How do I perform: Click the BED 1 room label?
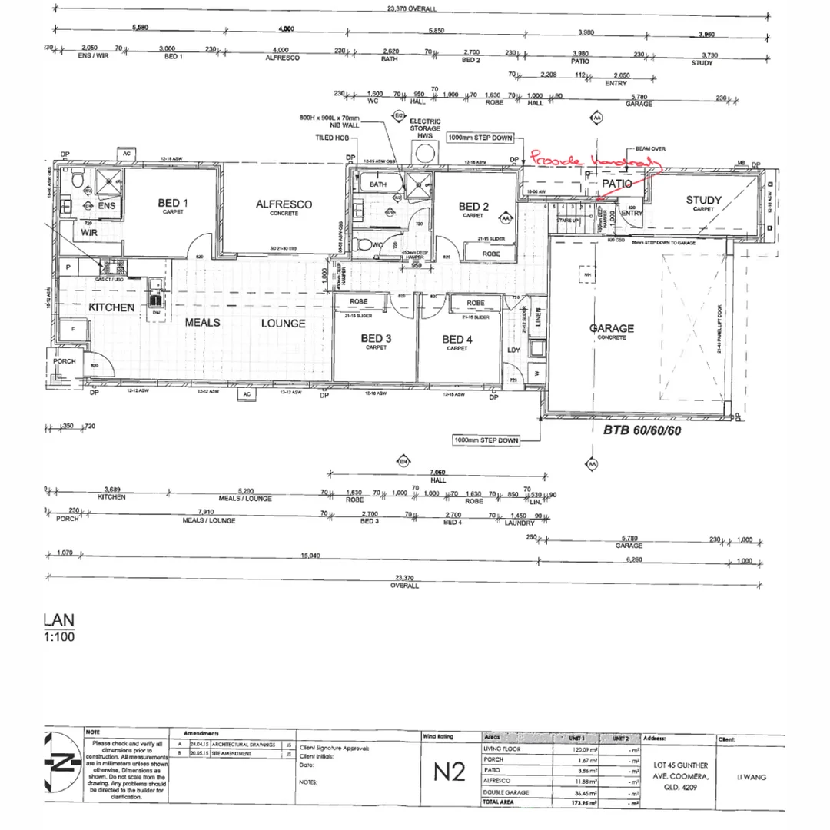(x=174, y=204)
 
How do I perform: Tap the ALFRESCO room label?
(x=284, y=204)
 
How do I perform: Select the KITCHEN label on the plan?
(x=111, y=307)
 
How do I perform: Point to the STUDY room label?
(x=704, y=201)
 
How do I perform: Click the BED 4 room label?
(x=456, y=340)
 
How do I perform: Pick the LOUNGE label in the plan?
(x=283, y=324)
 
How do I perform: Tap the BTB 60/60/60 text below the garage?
(x=641, y=431)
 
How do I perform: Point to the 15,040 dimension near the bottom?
(x=310, y=555)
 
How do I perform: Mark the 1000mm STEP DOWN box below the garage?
(x=486, y=440)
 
